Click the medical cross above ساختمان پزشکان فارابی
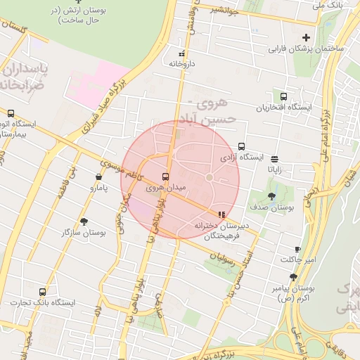pyautogui.click(x=305, y=37)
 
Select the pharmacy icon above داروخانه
pyautogui.click(x=182, y=53)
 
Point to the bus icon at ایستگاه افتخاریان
pyautogui.click(x=283, y=96)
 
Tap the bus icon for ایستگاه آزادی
pyautogui.click(x=241, y=147)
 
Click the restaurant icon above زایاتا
pyautogui.click(x=274, y=159)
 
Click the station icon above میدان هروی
pyautogui.click(x=166, y=176)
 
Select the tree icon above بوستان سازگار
pyautogui.click(x=84, y=221)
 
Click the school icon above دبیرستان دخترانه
pyautogui.click(x=222, y=214)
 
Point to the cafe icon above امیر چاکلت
pyautogui.click(x=297, y=249)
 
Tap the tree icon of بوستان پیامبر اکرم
pyautogui.click(x=292, y=278)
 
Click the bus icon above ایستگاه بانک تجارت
pyautogui.click(x=43, y=292)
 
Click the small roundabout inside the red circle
pyautogui.click(x=209, y=176)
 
